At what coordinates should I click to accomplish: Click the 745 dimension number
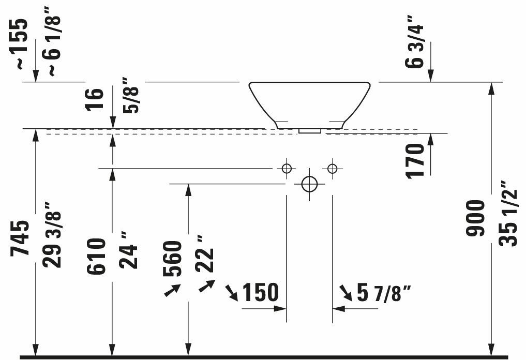click(20, 238)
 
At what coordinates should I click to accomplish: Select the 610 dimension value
click(96, 257)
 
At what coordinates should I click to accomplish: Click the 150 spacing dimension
click(260, 292)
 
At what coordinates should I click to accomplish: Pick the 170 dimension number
click(415, 161)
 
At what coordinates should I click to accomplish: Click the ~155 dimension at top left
click(18, 44)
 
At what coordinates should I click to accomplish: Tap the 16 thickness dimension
click(94, 99)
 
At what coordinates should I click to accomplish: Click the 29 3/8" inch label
click(52, 235)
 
